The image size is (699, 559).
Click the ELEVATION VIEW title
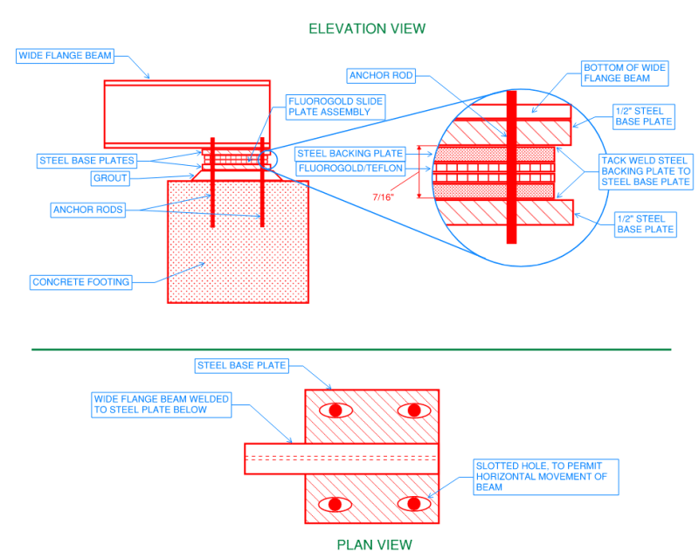coord(367,29)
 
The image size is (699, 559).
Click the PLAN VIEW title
coord(374,545)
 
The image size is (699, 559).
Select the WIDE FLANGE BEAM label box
coord(66,56)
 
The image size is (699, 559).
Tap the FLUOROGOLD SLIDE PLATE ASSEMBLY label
coord(336,107)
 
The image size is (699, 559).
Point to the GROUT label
coord(111,178)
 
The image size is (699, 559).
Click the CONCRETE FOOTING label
coord(80,282)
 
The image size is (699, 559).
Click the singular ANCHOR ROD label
coord(381,76)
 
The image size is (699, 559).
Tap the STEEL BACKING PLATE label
coord(350,154)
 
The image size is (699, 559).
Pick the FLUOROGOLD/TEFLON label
coord(350,169)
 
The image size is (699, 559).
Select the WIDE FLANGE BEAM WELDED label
coord(162,404)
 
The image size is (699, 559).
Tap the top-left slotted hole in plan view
coord(336,410)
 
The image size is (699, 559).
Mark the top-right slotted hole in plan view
coord(412,410)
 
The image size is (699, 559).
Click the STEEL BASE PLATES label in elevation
coord(87,161)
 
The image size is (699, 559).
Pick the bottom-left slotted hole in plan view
coord(336,503)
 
